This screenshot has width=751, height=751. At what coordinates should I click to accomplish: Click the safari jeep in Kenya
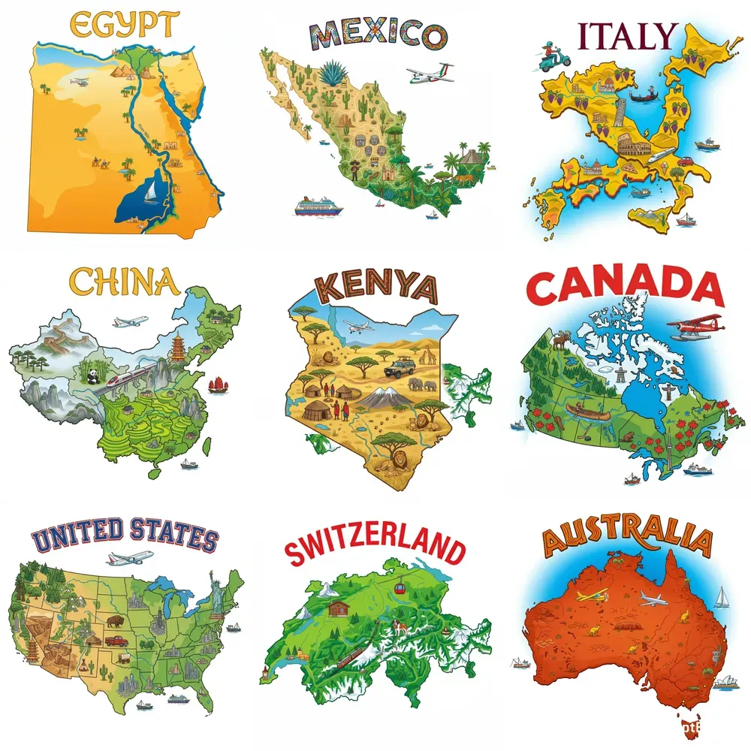point(398,368)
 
